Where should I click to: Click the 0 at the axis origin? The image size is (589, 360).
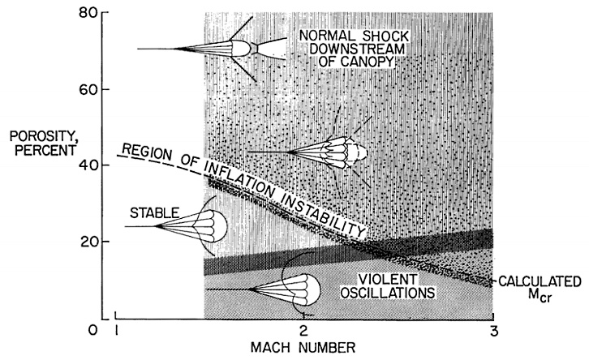(x=93, y=329)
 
